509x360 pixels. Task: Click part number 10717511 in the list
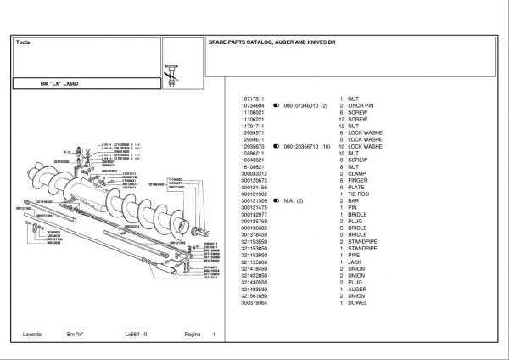pos(254,98)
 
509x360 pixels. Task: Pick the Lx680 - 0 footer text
pos(136,335)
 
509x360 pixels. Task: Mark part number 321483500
pos(254,289)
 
